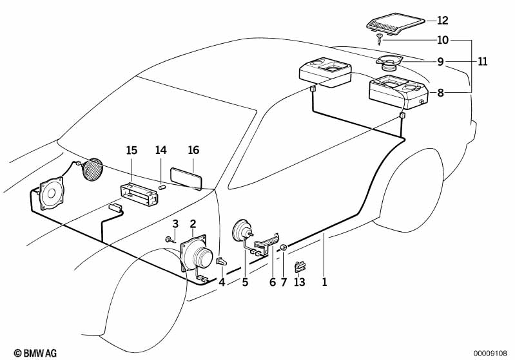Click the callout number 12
coord(442,20)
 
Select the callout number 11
coord(482,62)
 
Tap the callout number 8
coord(440,93)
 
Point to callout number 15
coord(131,151)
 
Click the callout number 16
coord(193,151)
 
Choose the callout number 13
coord(299,281)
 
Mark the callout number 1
coord(325,281)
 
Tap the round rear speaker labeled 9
coord(390,63)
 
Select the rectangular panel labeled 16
coord(186,178)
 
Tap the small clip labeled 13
coord(300,265)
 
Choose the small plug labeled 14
coord(163,187)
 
